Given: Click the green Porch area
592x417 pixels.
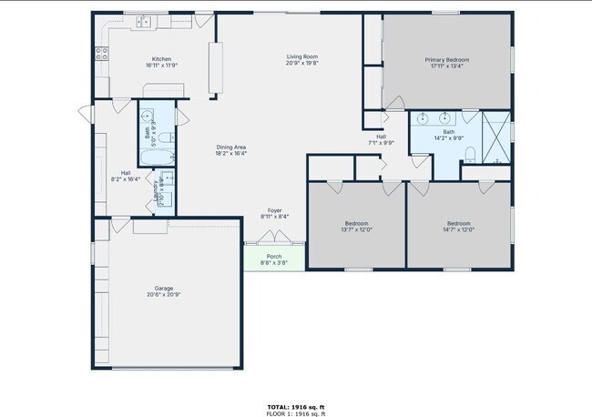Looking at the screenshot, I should (273, 259).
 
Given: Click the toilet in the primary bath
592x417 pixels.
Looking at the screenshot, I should (470, 151).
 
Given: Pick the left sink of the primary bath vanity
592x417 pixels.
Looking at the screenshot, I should (424, 118).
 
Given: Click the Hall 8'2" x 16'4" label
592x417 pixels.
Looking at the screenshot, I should (126, 177).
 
